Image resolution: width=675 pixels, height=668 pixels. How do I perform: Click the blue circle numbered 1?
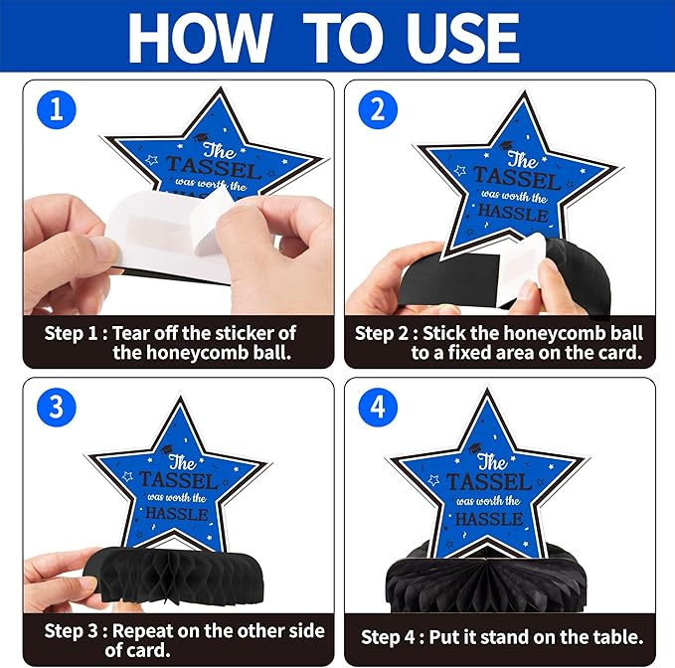click(57, 109)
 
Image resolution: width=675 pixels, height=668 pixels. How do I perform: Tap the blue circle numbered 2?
click(378, 109)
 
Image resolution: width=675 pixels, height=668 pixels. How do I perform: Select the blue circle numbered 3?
click(57, 407)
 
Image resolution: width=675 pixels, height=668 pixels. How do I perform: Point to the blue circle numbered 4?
click(378, 407)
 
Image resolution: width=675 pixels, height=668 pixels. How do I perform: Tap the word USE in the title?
click(457, 38)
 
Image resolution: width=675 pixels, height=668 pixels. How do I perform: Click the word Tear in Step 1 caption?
click(131, 333)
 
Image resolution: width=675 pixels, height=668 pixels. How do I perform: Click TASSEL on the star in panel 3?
click(178, 480)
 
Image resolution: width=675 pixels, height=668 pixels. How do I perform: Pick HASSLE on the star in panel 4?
click(489, 518)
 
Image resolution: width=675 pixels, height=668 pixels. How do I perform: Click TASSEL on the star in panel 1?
click(214, 167)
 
